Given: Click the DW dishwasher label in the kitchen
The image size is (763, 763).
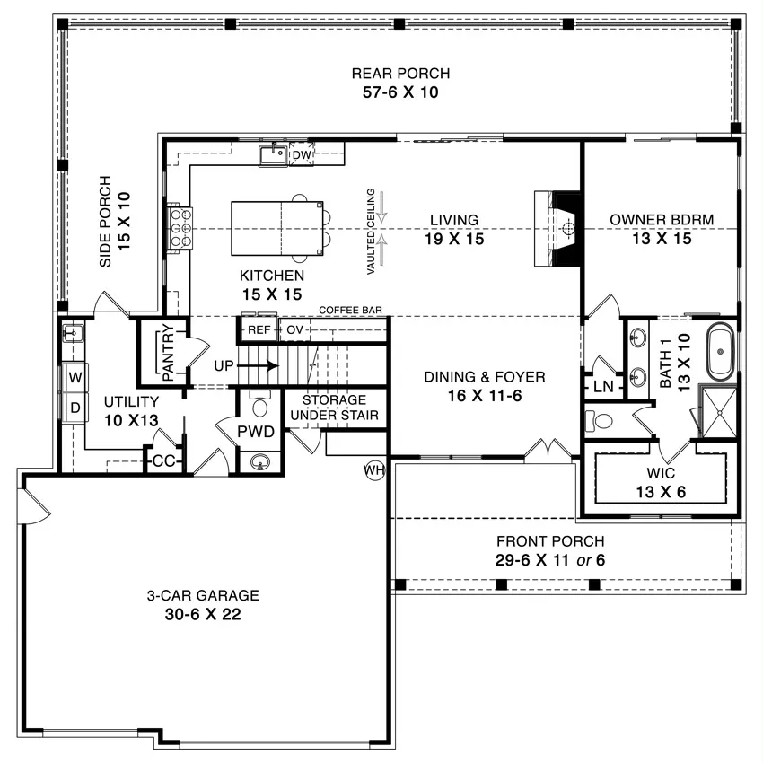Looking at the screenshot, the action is coord(302,154).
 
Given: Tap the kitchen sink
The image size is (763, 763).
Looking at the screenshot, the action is coord(273,155).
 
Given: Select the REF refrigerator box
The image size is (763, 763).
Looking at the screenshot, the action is coord(259,330).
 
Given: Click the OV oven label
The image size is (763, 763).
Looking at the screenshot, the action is coord(294,330).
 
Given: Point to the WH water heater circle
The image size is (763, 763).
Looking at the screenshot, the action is coord(374,470).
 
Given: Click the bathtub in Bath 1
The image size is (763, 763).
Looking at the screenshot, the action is coord(720,351).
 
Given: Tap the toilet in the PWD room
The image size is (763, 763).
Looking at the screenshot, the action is coord(259,403).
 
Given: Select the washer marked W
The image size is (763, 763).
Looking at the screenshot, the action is coord(75,377).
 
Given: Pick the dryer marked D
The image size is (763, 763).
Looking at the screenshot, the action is coord(75,408).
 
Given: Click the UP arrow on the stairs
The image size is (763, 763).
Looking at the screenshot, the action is coord(259,365).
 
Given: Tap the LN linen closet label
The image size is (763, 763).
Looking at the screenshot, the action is coord(603,387).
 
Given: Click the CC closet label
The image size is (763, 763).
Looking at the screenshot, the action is coord(163,460).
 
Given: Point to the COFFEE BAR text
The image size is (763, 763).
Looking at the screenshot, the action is coord(350,310).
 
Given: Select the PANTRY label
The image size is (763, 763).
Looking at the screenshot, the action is coord(167,352).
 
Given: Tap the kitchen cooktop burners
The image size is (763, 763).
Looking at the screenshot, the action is coord(180,228).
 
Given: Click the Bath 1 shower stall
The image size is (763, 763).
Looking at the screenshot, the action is coord(718,412).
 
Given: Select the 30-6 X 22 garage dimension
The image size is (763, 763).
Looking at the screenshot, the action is coord(203,614).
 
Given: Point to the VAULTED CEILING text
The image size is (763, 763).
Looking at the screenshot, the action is coord(371,231).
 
